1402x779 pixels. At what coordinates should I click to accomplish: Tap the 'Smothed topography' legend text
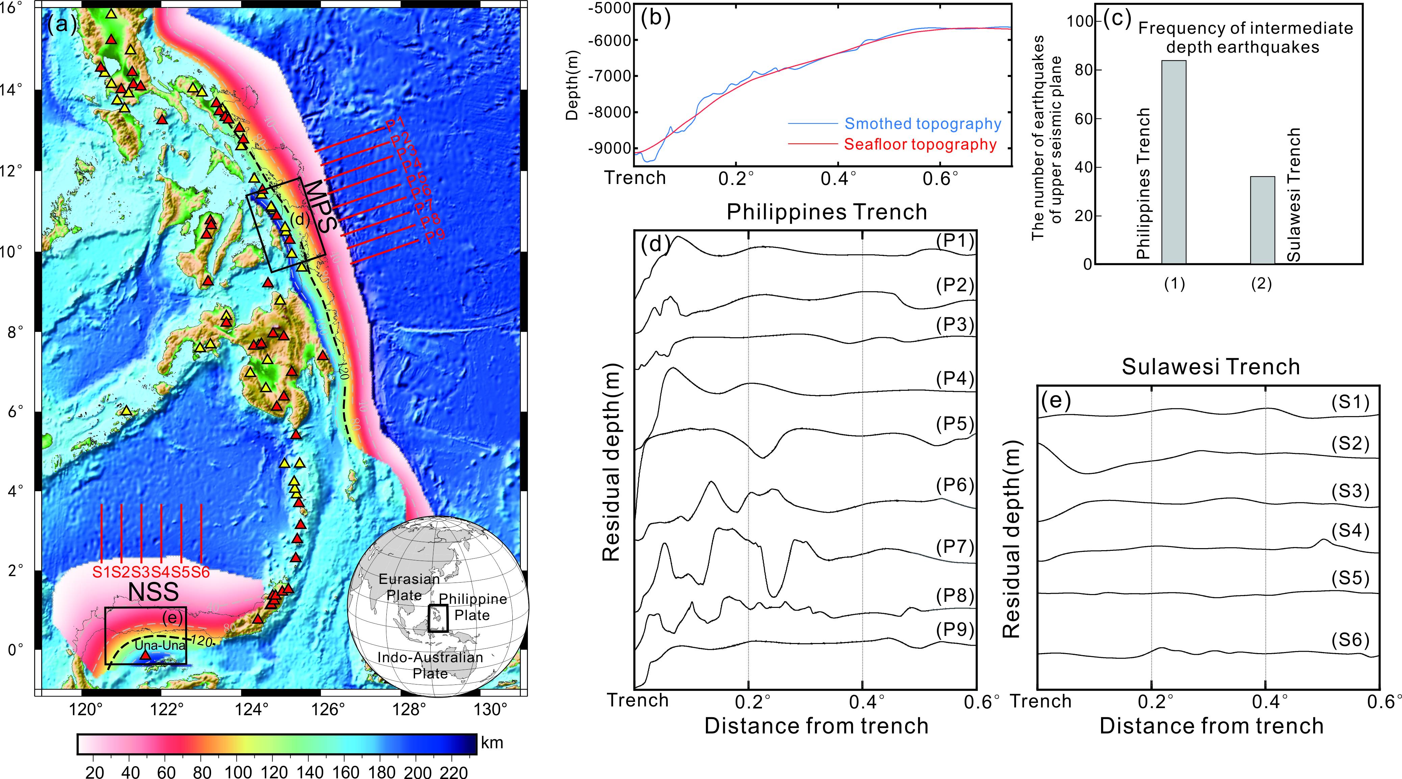point(922,124)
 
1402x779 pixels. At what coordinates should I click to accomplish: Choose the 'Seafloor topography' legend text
point(920,145)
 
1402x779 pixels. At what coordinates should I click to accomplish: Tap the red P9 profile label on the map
point(435,236)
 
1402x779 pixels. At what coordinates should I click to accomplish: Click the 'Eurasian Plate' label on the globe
point(409,586)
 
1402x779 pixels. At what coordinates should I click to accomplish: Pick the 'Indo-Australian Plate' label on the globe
point(430,665)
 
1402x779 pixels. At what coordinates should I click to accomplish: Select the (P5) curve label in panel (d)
point(954,424)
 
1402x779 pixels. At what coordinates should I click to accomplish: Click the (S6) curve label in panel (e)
point(1350,640)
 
